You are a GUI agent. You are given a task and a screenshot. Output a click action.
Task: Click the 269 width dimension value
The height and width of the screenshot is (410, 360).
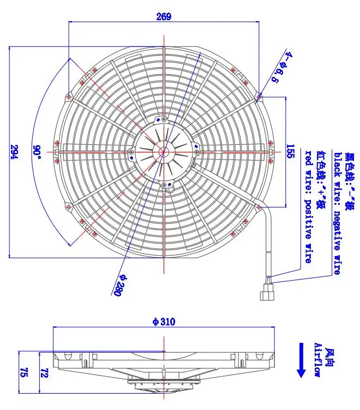tap(164, 16)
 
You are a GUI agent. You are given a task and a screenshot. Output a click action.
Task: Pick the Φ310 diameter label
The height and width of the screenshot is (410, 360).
tap(164, 322)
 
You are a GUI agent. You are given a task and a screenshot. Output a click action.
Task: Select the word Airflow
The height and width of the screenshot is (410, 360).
tap(318, 360)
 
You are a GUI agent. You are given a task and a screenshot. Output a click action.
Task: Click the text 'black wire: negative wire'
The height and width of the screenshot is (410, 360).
tap(337, 213)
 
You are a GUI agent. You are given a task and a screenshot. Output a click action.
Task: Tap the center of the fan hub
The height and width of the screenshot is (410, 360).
tap(164, 151)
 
